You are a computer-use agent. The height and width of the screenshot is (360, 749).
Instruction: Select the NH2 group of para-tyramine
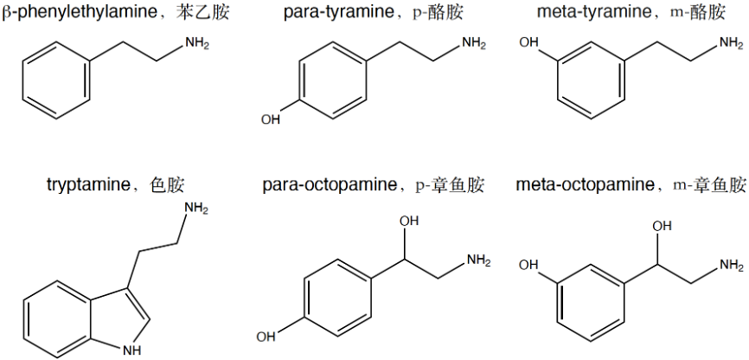point(473,43)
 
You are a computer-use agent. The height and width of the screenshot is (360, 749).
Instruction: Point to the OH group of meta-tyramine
point(528,43)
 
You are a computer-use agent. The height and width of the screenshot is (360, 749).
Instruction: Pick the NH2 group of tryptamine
point(196,208)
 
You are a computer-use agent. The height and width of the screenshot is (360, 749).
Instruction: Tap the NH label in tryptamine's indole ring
point(132,350)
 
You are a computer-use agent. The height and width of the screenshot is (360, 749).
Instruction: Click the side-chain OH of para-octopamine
point(409,222)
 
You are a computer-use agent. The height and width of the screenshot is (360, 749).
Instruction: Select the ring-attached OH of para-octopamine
point(266,337)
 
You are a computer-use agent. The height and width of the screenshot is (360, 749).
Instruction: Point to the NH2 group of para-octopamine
point(478,260)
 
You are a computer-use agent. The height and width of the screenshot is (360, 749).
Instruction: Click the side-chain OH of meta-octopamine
point(662,225)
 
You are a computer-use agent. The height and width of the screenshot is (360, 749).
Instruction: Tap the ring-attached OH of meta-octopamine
point(528,265)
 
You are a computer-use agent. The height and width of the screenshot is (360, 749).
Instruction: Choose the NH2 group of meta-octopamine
point(732,264)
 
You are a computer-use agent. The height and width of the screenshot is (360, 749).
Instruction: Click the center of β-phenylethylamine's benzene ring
point(56,80)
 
